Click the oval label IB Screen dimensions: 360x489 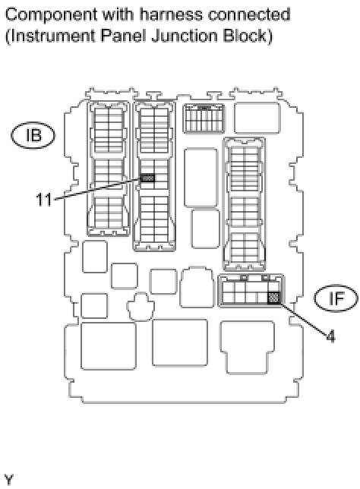[x=33, y=135]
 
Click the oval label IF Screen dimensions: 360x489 [x=336, y=298]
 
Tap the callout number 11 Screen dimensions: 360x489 [x=44, y=200]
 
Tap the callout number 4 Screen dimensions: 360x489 [x=330, y=336]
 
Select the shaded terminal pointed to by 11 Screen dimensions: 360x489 [x=147, y=178]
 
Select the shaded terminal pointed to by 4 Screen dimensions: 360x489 [x=273, y=298]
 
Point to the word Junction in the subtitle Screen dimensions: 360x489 [x=184, y=36]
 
